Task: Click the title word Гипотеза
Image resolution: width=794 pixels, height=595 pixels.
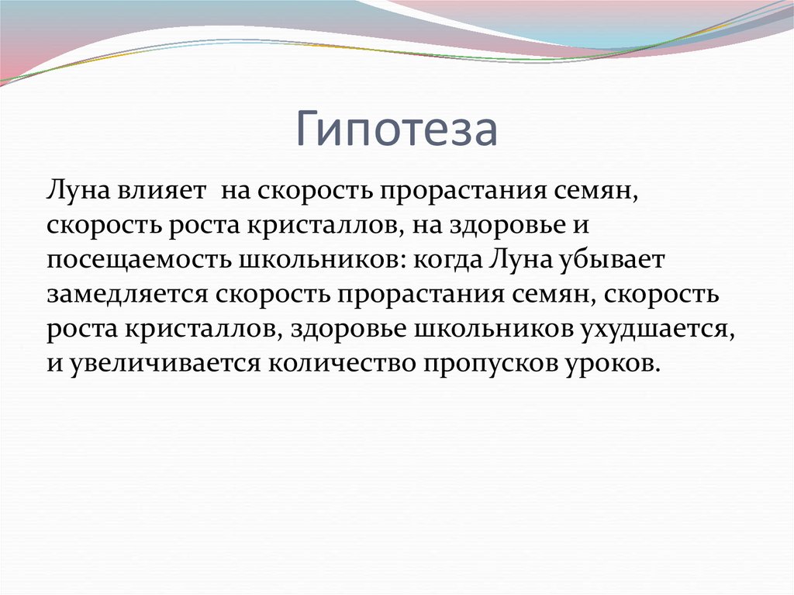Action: [x=396, y=130]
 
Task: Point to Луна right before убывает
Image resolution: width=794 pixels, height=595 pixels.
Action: [x=519, y=261]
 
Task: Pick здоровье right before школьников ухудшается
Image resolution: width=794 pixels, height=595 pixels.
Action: [x=346, y=329]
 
